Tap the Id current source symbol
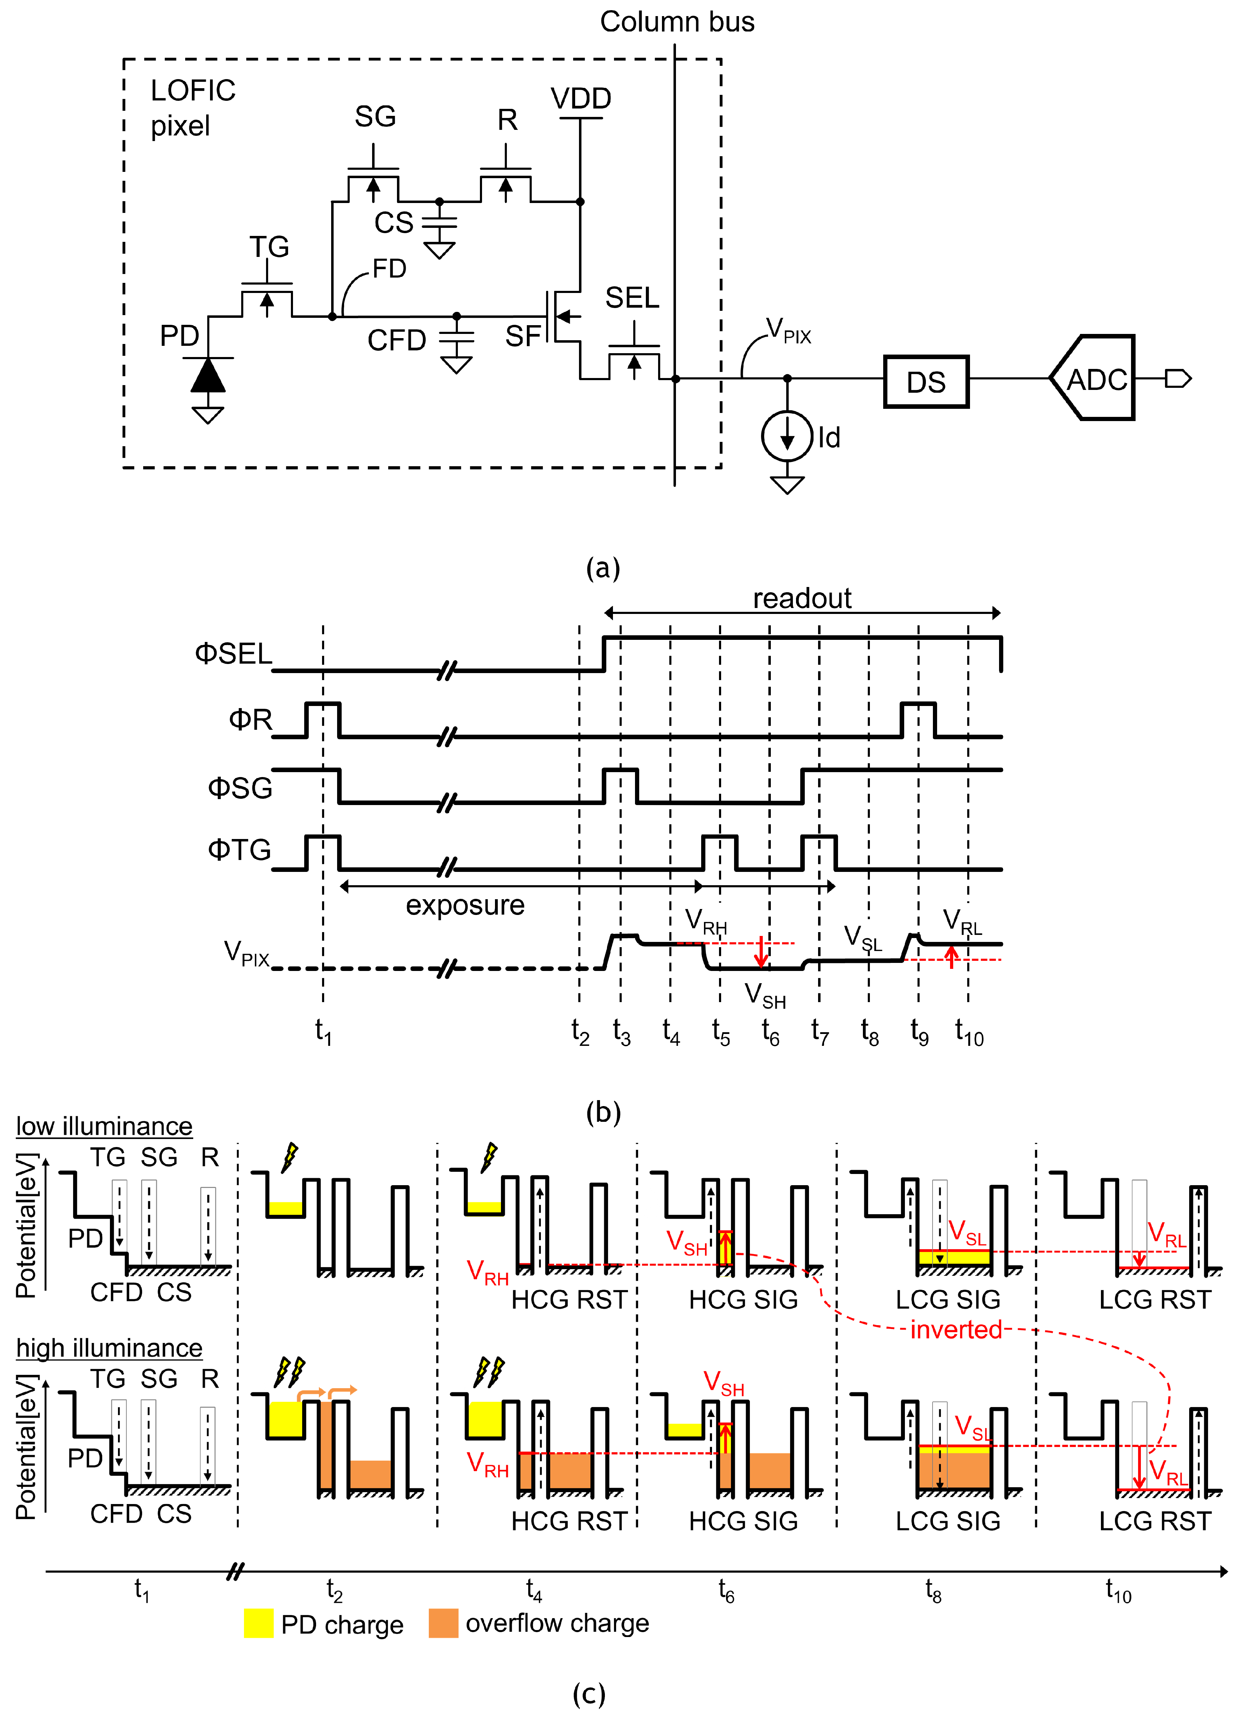click(x=787, y=437)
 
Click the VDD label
click(x=581, y=99)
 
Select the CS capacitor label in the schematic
click(x=393, y=223)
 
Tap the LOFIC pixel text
click(x=193, y=108)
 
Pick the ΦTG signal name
click(x=239, y=849)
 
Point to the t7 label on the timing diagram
click(x=820, y=1032)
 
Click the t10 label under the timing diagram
click(x=969, y=1032)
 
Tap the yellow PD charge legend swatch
click(x=259, y=1623)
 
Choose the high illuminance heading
click(x=109, y=1348)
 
